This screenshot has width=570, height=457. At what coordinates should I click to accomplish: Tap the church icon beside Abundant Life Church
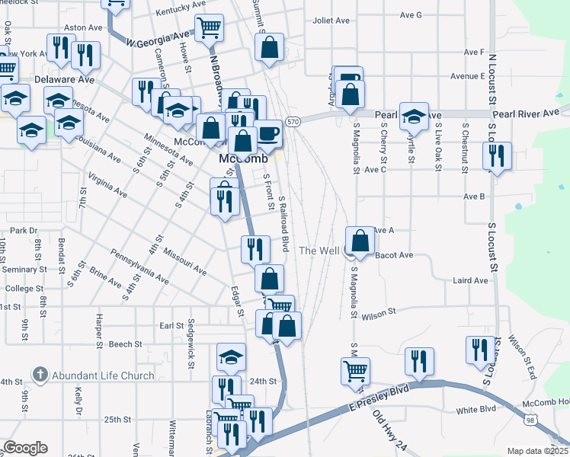pos(40,374)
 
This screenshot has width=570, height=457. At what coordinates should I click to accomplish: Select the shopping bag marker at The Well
pos(360,241)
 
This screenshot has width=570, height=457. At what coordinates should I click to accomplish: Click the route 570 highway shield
pos(293,121)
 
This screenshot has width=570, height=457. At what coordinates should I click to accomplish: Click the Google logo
pos(25,448)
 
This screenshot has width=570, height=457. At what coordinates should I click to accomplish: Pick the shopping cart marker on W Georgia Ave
pos(209,28)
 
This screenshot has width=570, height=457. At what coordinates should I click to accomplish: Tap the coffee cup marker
pos(267,133)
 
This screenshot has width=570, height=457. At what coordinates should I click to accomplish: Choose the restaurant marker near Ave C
pos(497,156)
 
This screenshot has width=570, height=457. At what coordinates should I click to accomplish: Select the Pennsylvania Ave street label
pos(139,264)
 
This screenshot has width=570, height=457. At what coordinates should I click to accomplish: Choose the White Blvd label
pos(476,410)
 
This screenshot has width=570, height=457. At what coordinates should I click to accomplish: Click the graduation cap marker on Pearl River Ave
pos(413,117)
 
